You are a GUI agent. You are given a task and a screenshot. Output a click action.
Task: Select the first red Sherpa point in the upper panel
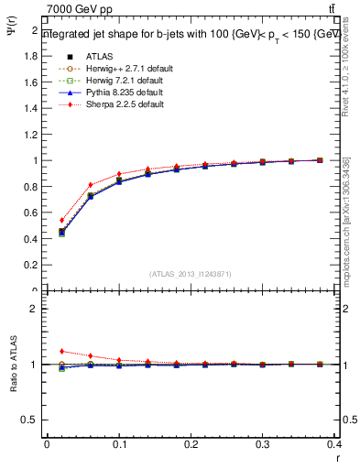[61, 220]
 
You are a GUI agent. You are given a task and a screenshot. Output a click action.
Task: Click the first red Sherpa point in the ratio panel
[61, 351]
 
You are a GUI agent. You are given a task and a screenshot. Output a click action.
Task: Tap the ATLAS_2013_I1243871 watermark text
[191, 274]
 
